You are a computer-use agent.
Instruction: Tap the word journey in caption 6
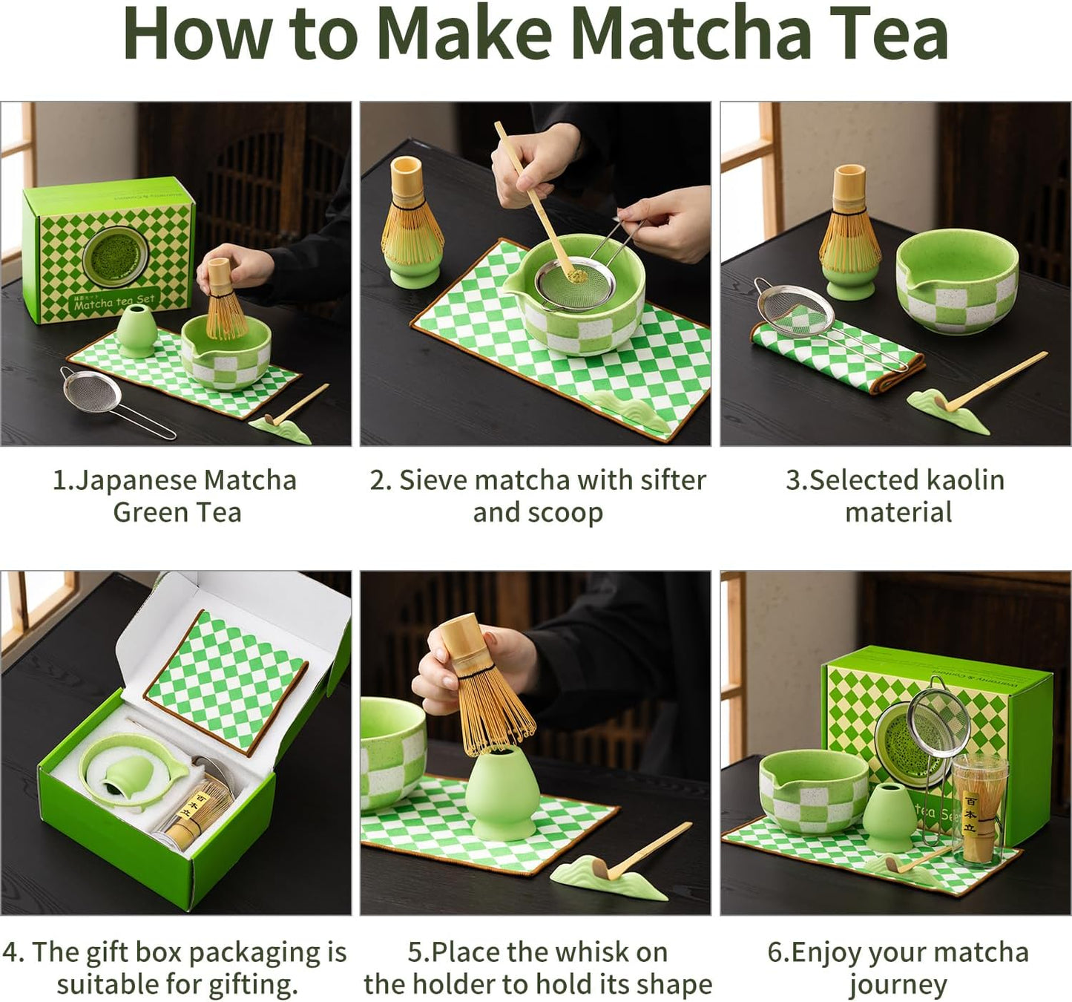pyautogui.click(x=898, y=986)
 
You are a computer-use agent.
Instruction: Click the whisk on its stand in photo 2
pyautogui.click(x=412, y=223)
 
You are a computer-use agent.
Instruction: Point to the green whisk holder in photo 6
pyautogui.click(x=888, y=818)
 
